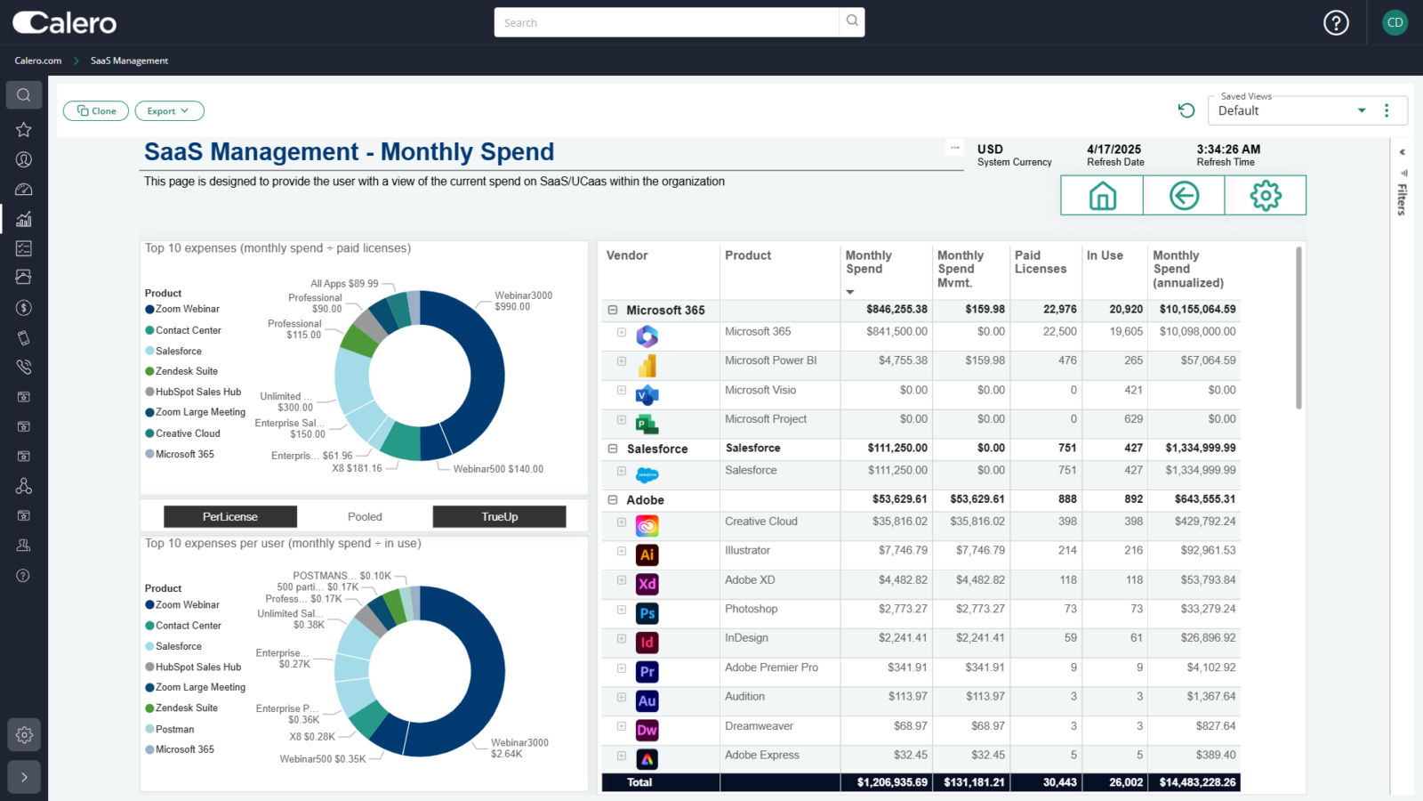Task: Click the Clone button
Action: [96, 111]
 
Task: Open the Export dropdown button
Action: [169, 111]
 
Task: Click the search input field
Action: [666, 22]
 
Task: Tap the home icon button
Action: [1102, 196]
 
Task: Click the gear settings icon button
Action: [1265, 196]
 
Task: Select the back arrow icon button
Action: [1184, 196]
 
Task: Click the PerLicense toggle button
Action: [230, 517]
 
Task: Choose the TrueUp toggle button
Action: [499, 517]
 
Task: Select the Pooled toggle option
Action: [365, 517]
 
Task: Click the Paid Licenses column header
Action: [1040, 263]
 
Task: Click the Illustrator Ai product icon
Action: [647, 554]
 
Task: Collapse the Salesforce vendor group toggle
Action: [613, 449]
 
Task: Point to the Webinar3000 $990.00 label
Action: [523, 301]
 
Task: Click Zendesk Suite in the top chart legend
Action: [186, 371]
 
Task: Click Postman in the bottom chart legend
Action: [174, 729]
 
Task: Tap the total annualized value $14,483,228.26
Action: [1197, 782]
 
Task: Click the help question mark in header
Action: [1336, 23]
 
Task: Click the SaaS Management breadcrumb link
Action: [129, 61]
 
